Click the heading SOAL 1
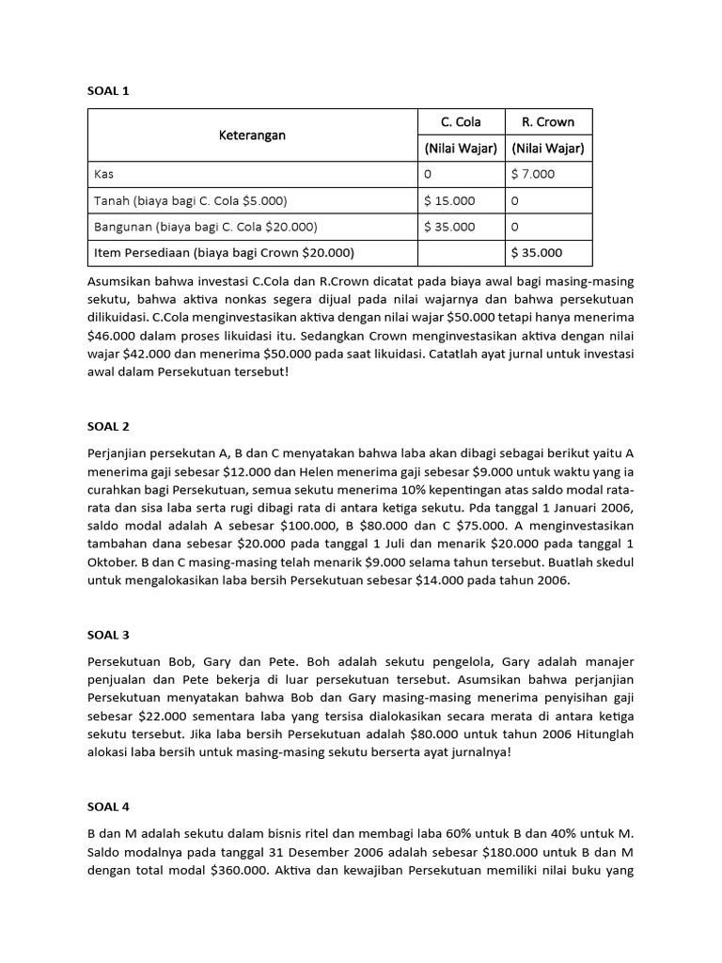[x=108, y=91]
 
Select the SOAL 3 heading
[x=108, y=635]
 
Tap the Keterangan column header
[x=252, y=135]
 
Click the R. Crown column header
[x=548, y=122]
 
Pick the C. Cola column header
[x=461, y=122]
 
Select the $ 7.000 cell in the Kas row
[x=533, y=174]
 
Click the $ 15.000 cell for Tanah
[x=449, y=200]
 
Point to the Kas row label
[x=103, y=174]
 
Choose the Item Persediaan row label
[x=224, y=252]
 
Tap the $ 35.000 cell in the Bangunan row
[x=449, y=227]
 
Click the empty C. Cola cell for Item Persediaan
[x=461, y=252]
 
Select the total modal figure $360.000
[x=248, y=870]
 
